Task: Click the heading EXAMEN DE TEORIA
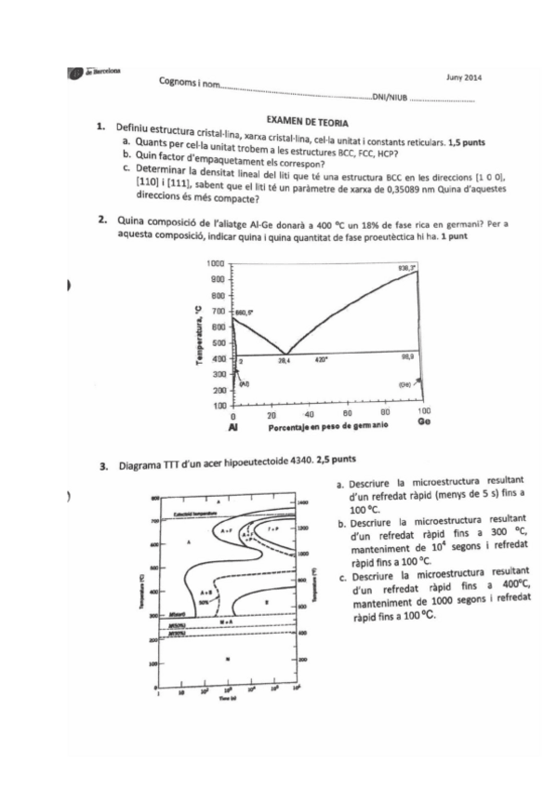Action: click(x=307, y=122)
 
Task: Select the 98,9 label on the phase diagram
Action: click(x=406, y=357)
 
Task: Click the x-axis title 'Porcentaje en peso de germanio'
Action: click(x=324, y=424)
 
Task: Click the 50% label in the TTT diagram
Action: click(x=199, y=602)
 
